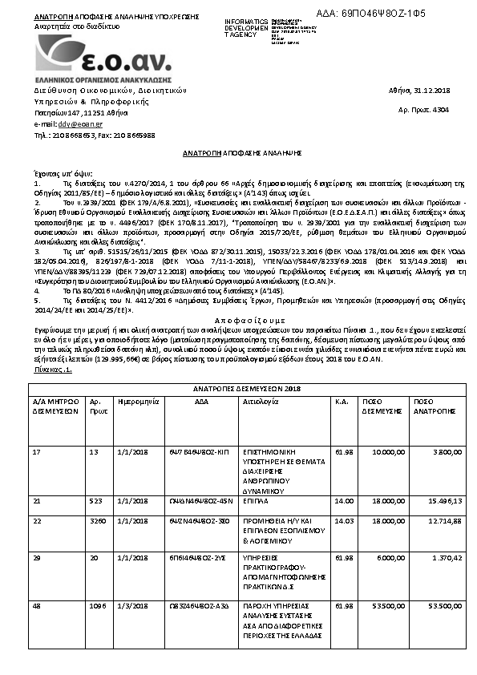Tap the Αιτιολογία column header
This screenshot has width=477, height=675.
coord(261,398)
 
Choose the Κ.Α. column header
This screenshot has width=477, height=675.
coord(340,398)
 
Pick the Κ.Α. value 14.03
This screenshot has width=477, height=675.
coord(344,519)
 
